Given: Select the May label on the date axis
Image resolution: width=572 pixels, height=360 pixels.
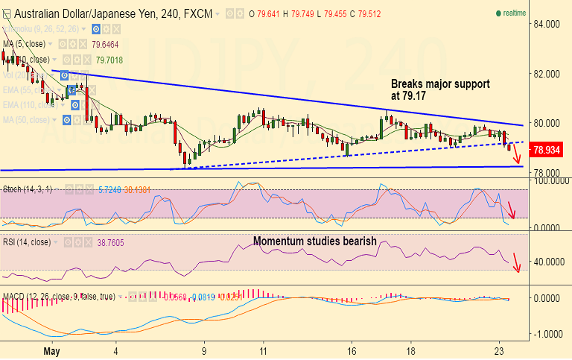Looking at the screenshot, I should tap(51, 350).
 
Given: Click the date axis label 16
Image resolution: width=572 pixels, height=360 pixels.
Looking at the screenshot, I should tap(352, 350).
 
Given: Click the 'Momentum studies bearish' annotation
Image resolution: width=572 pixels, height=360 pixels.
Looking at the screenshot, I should tap(314, 241).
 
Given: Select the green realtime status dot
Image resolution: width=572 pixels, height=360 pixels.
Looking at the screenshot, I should tap(498, 13).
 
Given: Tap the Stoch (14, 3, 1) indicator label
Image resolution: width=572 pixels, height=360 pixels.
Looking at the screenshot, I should tap(27, 189).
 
